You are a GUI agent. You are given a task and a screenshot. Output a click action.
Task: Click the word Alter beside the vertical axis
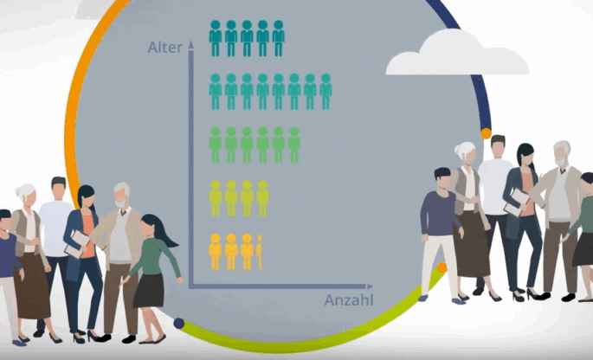click(x=164, y=48)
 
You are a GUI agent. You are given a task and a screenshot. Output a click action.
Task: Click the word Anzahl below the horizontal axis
click(x=349, y=300)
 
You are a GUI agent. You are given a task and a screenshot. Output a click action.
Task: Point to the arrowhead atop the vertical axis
click(x=191, y=45)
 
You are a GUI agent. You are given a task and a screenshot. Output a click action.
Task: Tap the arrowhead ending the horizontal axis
click(x=369, y=286)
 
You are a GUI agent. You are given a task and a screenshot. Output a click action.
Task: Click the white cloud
click(x=457, y=53)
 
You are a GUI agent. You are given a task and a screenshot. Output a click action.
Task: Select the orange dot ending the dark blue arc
click(x=486, y=133)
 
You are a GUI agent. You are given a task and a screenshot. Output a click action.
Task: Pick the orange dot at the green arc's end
click(x=442, y=267)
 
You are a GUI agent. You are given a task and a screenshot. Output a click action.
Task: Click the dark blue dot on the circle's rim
click(x=179, y=324)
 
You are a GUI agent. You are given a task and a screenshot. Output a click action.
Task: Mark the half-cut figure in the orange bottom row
click(x=260, y=252)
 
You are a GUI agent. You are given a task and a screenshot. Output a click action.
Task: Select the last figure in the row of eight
click(x=326, y=92)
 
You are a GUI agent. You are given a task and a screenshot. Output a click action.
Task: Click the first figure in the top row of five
click(x=216, y=39)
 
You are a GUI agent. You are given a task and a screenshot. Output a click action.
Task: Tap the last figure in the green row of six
click(x=294, y=145)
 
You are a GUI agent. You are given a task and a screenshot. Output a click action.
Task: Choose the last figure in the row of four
click(x=263, y=198)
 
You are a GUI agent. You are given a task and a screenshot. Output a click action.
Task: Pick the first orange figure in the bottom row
click(x=216, y=252)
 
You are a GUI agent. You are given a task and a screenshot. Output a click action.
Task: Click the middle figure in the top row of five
click(x=247, y=39)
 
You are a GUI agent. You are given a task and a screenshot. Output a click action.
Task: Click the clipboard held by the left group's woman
click(x=77, y=244)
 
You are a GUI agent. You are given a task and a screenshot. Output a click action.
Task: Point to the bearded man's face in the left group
click(x=120, y=198)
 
